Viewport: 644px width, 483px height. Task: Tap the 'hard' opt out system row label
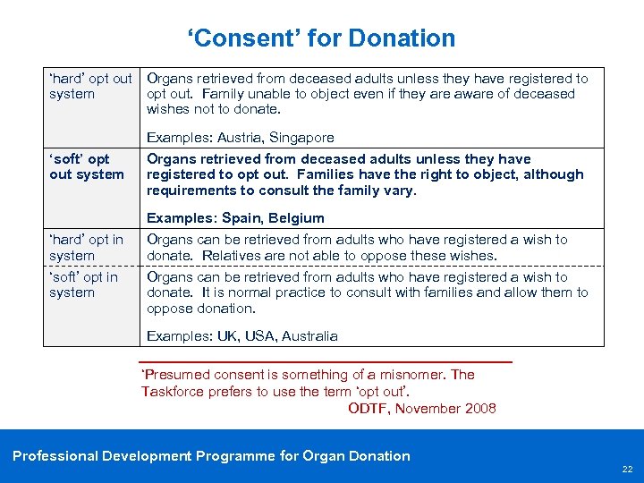[90, 86]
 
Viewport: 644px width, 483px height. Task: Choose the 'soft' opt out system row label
[87, 166]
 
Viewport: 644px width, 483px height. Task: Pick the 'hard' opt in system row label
[86, 247]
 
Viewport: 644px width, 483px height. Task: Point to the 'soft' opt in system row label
[84, 284]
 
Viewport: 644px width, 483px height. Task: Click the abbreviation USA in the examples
[258, 336]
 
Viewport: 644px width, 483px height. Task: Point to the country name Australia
[309, 336]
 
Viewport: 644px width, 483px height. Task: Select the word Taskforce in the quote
[173, 392]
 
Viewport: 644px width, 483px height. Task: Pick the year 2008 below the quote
[479, 409]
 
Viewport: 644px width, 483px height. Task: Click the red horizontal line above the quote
[326, 361]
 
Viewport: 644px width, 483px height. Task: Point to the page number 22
[627, 470]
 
